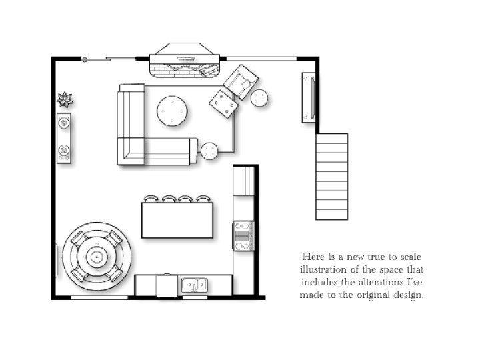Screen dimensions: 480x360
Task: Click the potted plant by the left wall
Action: pos(65,99)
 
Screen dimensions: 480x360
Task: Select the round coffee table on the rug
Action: pos(172,111)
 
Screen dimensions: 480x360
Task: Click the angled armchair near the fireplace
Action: pos(241,82)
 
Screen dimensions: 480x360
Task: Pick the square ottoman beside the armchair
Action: pos(224,104)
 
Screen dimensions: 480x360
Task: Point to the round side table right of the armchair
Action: pos(259,98)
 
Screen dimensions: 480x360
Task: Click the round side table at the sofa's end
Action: pos(209,151)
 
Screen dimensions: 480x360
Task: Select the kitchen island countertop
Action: pos(177,220)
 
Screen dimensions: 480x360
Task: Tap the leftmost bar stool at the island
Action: pos(151,199)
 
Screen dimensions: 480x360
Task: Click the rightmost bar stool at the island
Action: pos(203,199)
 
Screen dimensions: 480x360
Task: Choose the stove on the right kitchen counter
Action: pos(244,236)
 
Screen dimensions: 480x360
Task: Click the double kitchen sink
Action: pos(195,285)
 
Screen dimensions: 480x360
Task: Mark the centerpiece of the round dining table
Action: pos(97,257)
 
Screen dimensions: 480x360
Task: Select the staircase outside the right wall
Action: pos(332,177)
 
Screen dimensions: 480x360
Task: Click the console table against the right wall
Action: pos(309,97)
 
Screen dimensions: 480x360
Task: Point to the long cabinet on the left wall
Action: pos(64,138)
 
